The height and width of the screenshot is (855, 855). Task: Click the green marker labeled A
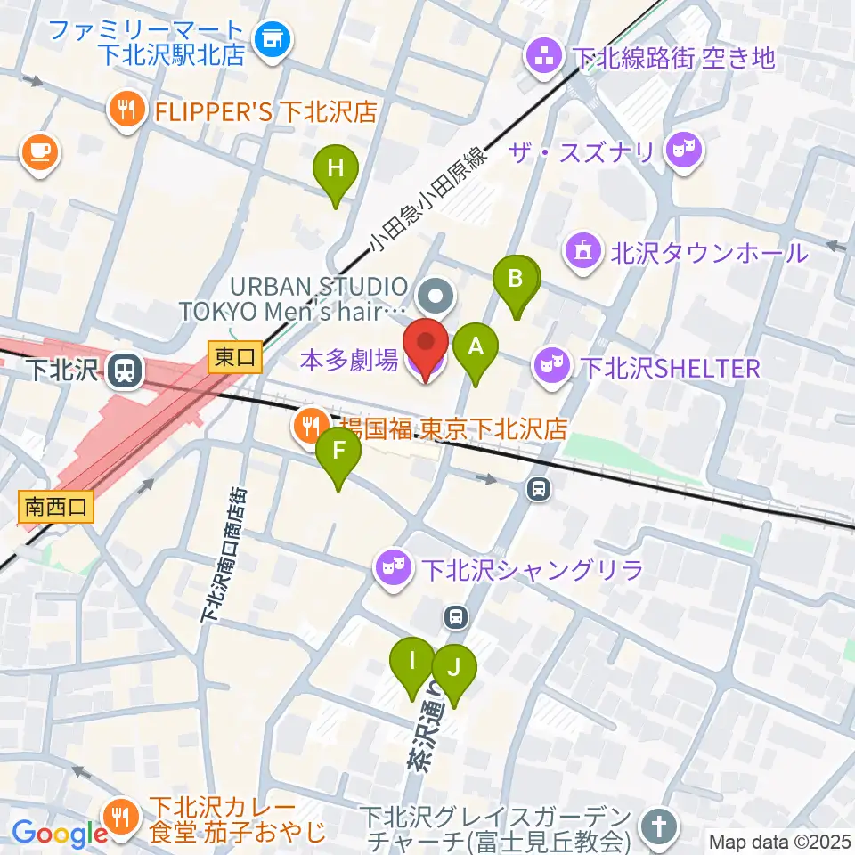tap(476, 348)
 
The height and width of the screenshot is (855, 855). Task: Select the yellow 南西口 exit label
tap(55, 508)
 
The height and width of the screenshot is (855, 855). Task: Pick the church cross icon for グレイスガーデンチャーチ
tap(657, 827)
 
